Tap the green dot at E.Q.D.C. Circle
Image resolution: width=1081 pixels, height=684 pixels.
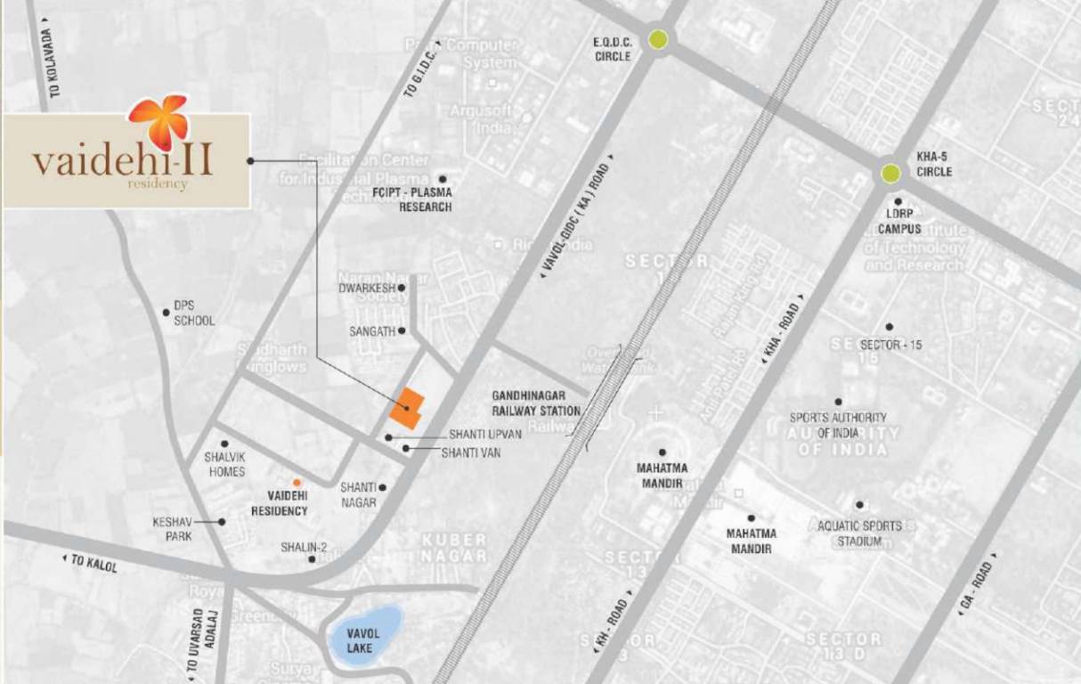click(659, 39)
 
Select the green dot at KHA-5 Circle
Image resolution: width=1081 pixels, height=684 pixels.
click(890, 174)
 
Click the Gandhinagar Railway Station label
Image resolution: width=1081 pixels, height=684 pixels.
click(536, 403)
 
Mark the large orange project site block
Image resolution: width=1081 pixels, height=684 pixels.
click(407, 409)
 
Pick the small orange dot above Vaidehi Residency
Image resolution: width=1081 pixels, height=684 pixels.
click(297, 482)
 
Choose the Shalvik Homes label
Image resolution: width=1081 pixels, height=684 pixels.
click(225, 463)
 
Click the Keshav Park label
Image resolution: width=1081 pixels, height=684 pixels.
click(172, 529)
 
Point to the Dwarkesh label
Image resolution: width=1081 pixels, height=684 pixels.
click(365, 288)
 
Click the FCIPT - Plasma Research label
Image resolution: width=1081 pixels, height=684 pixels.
click(413, 199)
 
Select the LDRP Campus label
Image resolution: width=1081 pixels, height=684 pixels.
click(898, 222)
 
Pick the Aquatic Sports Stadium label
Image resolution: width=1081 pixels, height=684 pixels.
click(859, 533)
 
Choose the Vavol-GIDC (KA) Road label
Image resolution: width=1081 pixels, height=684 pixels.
click(575, 219)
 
